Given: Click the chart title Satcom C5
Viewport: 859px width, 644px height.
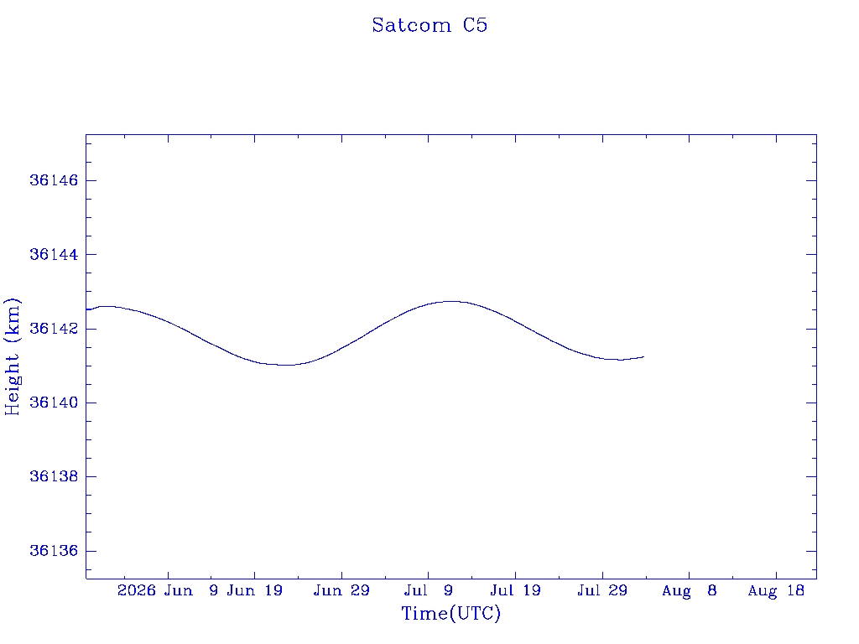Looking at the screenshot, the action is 429,25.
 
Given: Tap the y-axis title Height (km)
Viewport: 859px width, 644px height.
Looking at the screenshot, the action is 12,356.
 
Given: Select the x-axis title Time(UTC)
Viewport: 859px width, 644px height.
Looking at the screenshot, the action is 450,613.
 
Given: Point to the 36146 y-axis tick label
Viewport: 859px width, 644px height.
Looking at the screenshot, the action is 54,180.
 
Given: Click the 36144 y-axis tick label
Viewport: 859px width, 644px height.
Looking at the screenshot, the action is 54,255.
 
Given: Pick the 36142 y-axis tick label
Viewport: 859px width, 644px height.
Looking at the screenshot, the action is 54,329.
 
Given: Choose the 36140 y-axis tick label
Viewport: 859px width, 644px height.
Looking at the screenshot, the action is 54,402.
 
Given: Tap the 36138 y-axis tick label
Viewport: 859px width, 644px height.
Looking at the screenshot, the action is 54,476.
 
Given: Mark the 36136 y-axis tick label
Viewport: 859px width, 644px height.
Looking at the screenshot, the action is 54,551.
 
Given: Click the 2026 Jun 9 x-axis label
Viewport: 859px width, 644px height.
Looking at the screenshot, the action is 168,590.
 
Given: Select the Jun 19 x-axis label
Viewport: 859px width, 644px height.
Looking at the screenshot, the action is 254,590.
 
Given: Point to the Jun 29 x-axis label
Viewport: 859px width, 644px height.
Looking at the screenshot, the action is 341,590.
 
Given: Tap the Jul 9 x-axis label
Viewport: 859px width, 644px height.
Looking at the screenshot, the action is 429,590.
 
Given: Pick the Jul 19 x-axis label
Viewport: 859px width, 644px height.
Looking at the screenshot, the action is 516,590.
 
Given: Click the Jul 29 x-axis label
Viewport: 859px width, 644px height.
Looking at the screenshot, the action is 602,590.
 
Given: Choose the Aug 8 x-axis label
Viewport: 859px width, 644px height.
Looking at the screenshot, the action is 690,590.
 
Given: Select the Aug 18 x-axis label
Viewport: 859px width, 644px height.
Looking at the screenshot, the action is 776,590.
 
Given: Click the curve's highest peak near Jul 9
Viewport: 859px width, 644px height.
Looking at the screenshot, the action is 451,301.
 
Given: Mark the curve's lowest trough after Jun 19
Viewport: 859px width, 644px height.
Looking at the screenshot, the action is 286,365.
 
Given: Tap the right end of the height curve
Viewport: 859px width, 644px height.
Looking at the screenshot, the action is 643,357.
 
